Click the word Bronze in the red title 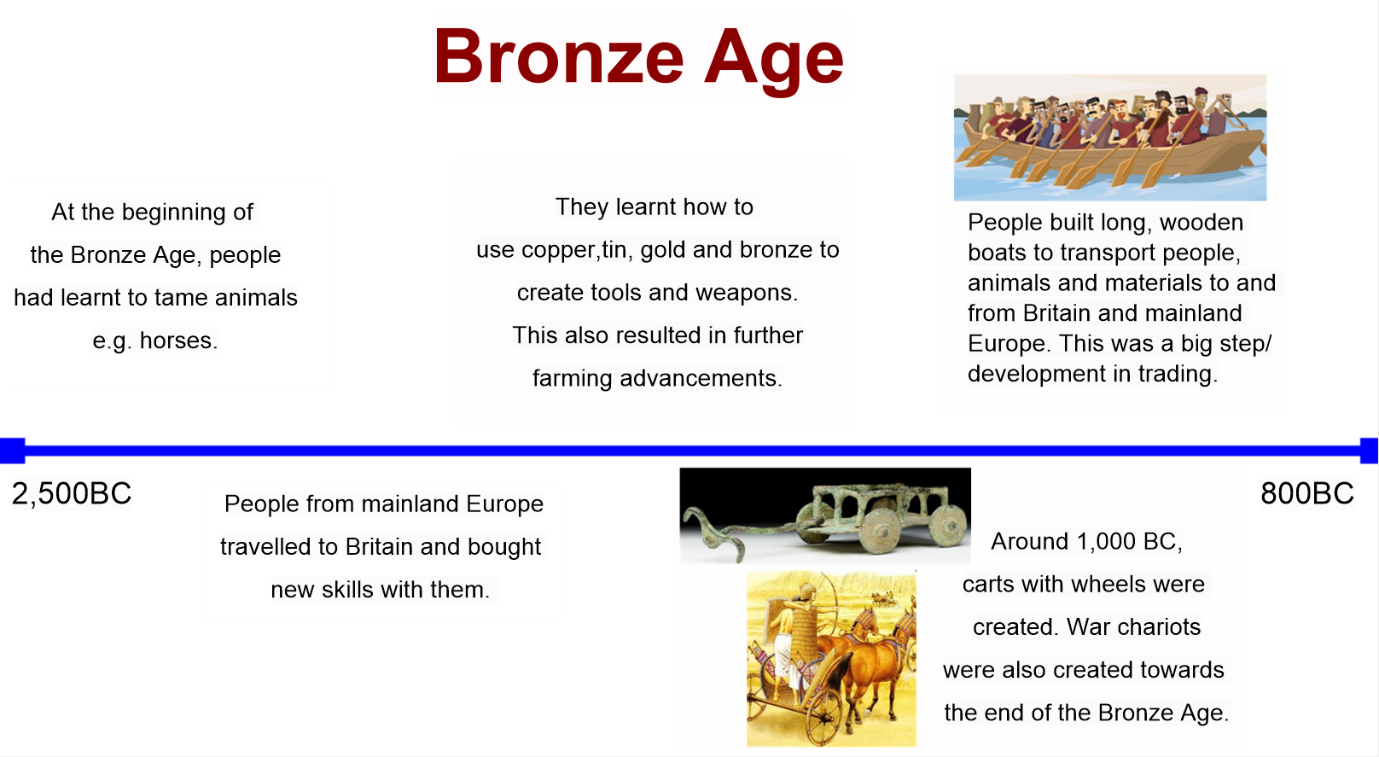point(559,56)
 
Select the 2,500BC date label point(72,493)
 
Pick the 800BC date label point(1307,493)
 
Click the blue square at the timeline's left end point(12,451)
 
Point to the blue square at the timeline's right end point(1369,451)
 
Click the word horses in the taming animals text point(178,341)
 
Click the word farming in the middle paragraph point(573,379)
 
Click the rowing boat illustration point(1110,137)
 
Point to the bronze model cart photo point(825,515)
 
